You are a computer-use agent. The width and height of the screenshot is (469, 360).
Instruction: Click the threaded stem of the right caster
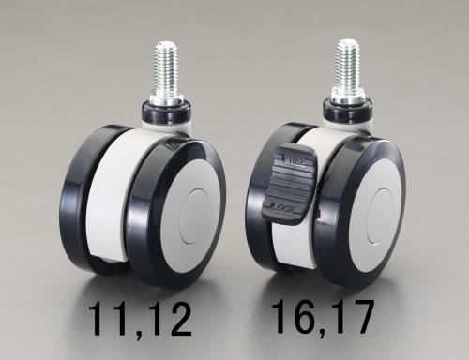click(347, 63)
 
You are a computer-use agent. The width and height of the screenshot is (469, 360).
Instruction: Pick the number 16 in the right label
click(293, 318)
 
